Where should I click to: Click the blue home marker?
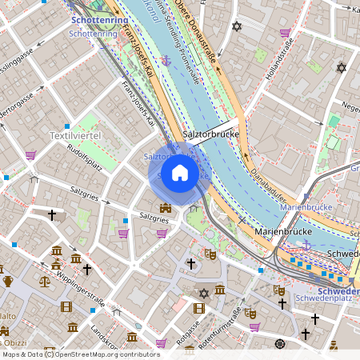coord(180,172)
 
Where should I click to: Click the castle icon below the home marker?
coord(165,209)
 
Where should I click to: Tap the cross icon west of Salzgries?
coord(53,214)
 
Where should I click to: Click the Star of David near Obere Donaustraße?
coord(236,27)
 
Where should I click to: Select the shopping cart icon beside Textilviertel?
coord(30,155)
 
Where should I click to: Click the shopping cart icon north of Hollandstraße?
coord(284,33)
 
